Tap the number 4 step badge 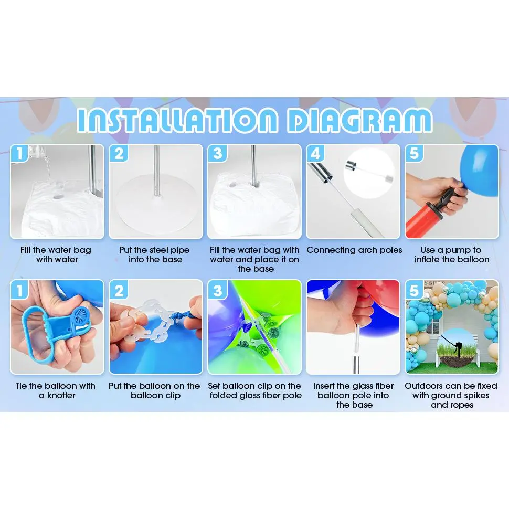[x=315, y=153]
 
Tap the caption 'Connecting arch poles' [x=354, y=250]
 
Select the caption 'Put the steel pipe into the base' [x=155, y=254]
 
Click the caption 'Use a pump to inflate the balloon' [x=452, y=254]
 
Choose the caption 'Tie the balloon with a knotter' [x=56, y=390]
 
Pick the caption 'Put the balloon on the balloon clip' [x=154, y=390]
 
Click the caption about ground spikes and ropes [x=451, y=395]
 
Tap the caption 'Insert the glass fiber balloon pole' [x=354, y=395]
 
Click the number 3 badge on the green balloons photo [x=217, y=290]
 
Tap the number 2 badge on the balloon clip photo [x=119, y=290]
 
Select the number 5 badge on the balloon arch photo [x=414, y=290]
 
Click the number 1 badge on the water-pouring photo [x=19, y=153]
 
